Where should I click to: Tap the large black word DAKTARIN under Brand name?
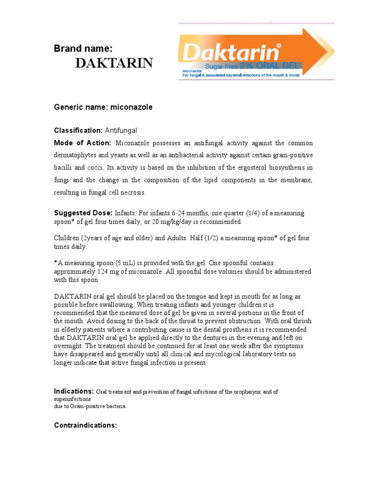coord(114,63)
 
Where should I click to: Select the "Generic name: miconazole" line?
coord(103,107)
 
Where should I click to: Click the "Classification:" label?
coord(78,130)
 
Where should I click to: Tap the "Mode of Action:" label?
coord(83,143)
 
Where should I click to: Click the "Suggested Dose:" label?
coord(83,213)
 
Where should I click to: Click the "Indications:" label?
coord(74,391)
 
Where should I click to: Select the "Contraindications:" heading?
coord(86,425)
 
